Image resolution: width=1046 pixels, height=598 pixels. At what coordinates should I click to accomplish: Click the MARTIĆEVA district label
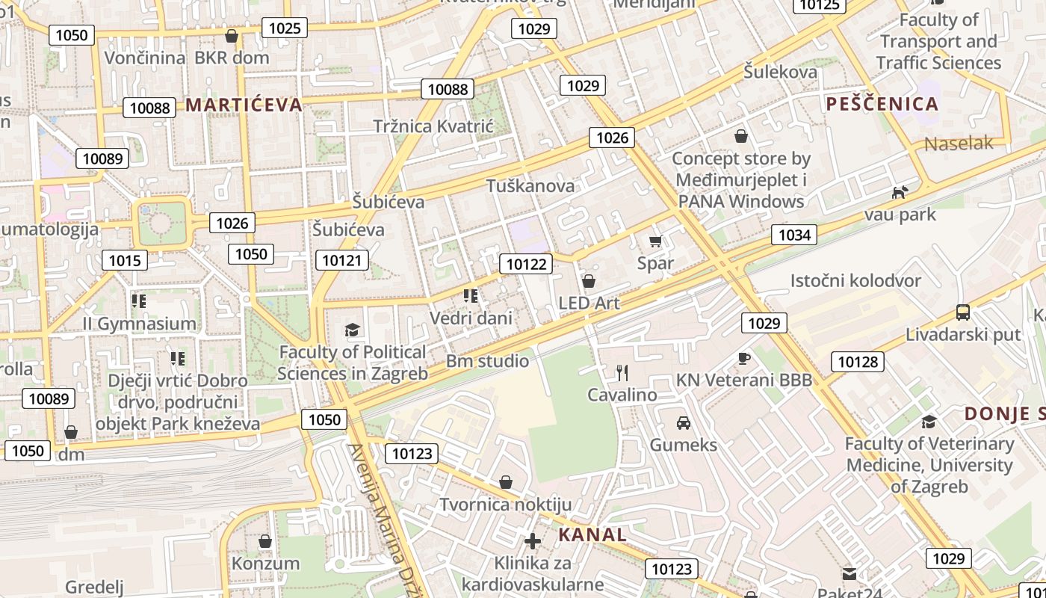(244, 105)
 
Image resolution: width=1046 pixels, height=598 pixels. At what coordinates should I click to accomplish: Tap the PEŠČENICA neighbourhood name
(882, 104)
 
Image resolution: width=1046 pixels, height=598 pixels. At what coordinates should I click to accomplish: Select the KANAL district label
(592, 534)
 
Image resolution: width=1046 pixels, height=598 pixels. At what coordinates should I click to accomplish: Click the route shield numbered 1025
(285, 28)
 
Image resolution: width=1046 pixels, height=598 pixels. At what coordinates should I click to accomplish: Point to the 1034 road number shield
(794, 235)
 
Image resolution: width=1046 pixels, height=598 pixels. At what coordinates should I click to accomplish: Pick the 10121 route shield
(342, 260)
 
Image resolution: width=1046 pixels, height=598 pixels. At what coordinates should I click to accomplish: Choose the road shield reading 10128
(858, 362)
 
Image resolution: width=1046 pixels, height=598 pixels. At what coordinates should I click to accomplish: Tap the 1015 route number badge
(124, 260)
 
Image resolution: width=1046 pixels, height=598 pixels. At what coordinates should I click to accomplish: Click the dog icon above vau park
(900, 192)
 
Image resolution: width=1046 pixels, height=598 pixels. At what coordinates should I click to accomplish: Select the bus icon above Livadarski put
(963, 312)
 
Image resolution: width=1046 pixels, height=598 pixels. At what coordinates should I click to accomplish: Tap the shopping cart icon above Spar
(656, 241)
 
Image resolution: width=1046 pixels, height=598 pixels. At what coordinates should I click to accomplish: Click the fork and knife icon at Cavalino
(622, 372)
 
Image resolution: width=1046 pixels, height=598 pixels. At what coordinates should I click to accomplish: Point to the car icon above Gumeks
(683, 423)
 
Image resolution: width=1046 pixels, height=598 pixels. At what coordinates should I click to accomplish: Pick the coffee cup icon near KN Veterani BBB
(743, 358)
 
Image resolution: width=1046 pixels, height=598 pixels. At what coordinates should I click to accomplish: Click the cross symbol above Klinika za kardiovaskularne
(533, 540)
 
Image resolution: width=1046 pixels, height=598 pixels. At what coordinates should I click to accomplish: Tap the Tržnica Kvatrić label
(433, 126)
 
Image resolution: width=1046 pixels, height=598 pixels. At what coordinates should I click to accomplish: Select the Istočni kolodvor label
(855, 281)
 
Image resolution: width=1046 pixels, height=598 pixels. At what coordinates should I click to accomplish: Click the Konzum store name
(265, 563)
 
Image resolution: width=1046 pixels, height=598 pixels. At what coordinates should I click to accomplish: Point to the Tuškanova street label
(530, 186)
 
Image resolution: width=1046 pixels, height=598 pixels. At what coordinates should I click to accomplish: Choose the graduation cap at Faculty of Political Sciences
(352, 330)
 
